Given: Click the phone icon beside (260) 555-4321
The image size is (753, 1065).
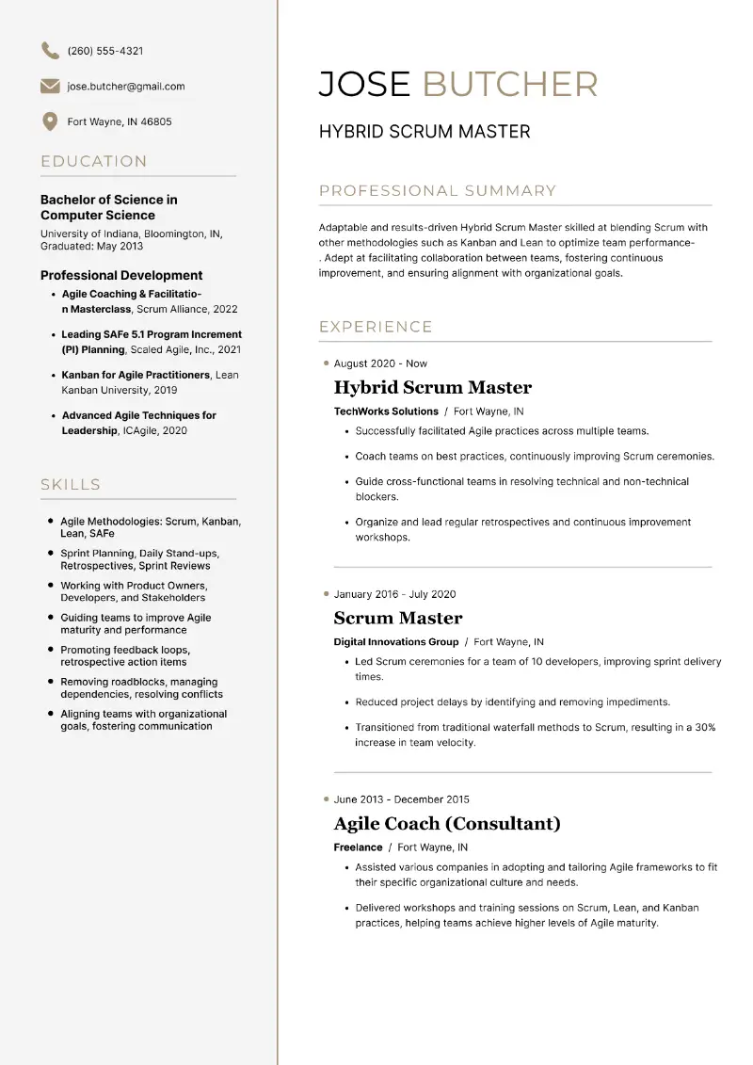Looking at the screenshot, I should [50, 51].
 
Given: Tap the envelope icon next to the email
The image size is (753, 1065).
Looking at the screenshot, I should [50, 87].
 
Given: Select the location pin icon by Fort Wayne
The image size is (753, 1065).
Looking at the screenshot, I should [50, 121].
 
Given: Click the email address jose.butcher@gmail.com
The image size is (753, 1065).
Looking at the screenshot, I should [126, 87].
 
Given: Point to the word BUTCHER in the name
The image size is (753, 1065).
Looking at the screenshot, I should [509, 85].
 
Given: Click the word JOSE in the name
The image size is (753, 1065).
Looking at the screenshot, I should [364, 85].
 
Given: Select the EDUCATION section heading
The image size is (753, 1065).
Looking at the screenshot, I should [94, 161].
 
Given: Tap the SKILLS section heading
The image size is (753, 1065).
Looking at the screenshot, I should [71, 484].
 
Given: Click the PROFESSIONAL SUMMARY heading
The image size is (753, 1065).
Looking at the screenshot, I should [438, 191].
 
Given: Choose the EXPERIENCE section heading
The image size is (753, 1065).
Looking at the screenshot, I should [376, 327].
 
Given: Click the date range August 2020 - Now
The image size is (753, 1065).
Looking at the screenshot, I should [380, 363].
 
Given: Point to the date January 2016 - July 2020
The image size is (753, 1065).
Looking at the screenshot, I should [394, 594].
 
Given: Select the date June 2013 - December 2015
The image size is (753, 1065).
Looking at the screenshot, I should [401, 799].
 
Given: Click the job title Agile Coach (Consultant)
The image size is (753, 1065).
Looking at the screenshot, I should [447, 824].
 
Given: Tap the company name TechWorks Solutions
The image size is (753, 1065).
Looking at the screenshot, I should [386, 411].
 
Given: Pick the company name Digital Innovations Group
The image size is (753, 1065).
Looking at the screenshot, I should [396, 642].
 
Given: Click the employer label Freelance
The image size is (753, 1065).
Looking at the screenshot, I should [358, 847].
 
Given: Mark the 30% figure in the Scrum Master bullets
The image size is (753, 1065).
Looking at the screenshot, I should [705, 728].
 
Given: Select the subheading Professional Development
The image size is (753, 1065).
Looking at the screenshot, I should [121, 275].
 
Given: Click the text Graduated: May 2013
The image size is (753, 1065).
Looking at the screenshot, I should [92, 246].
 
